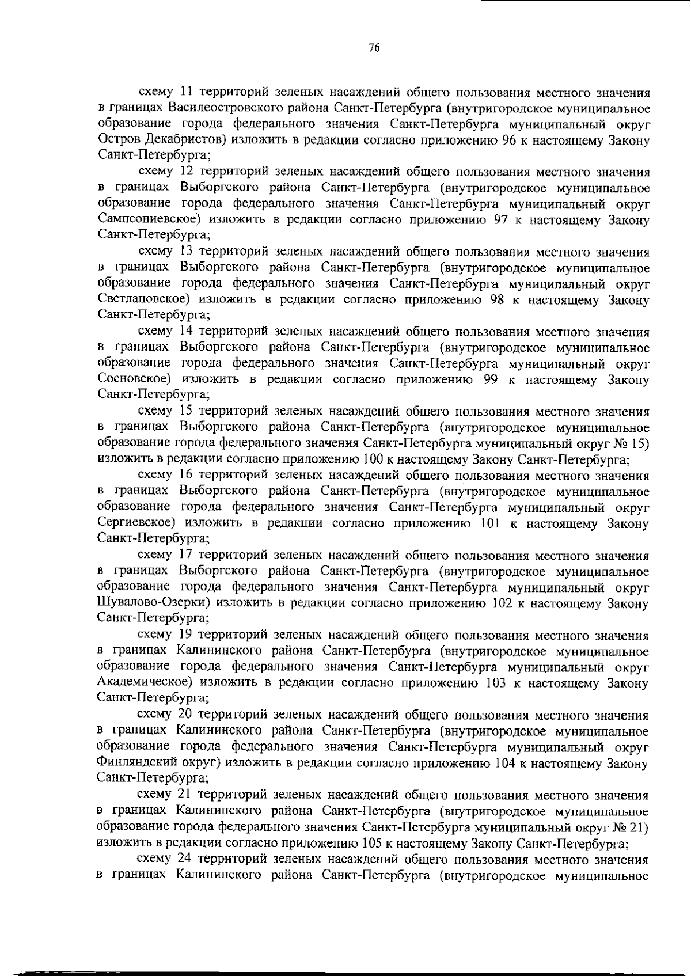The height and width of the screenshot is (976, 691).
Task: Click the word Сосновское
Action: click(x=135, y=380)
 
